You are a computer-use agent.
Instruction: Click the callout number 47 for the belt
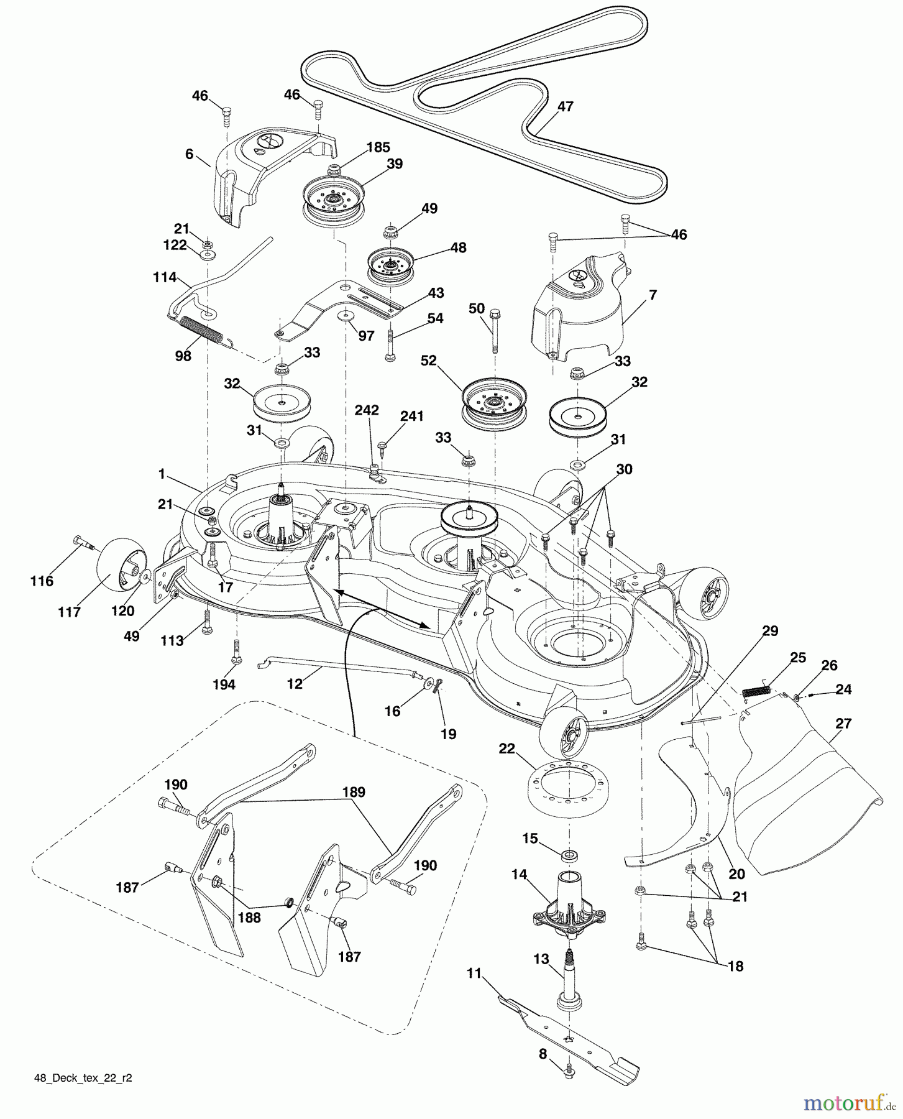click(565, 106)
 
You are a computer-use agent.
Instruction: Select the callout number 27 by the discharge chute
click(844, 724)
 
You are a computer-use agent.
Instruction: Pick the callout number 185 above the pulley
click(378, 147)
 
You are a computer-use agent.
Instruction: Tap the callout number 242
click(367, 410)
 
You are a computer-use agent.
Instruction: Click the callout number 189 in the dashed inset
click(353, 793)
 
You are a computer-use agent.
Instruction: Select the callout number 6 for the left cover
click(190, 154)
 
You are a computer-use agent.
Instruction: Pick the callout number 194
click(224, 684)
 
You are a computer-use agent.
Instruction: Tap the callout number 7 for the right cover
click(653, 295)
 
